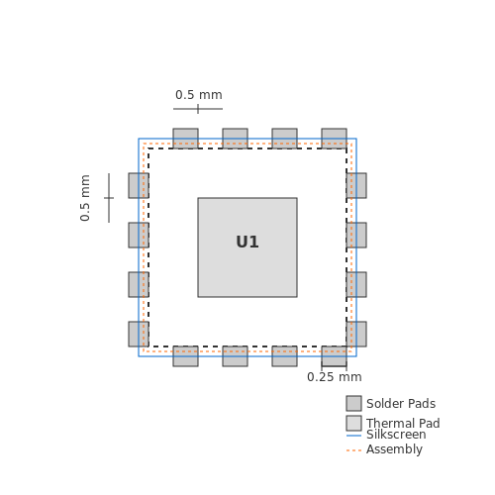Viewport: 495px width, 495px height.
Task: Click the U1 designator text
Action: (247, 242)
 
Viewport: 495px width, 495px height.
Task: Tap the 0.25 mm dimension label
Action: (335, 377)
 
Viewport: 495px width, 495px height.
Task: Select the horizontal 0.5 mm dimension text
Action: (199, 95)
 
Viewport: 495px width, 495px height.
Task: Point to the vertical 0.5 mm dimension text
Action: (85, 198)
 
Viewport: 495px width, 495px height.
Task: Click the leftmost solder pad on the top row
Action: (185, 139)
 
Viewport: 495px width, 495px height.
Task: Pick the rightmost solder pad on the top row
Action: (334, 139)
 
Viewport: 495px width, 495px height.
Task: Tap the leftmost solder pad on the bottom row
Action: (185, 356)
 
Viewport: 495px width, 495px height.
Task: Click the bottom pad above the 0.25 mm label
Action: (334, 356)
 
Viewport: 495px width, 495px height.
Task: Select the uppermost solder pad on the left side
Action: (139, 185)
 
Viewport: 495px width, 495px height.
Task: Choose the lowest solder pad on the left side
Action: (139, 334)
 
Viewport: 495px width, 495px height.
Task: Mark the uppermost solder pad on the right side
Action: (356, 185)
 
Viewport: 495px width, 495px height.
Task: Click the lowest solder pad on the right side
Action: (356, 334)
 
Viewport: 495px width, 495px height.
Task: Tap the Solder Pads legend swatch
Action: (353, 403)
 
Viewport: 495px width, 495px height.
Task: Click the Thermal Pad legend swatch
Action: (353, 423)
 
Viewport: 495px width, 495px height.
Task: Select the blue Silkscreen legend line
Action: (353, 436)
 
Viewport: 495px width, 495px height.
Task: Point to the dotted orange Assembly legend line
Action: (353, 450)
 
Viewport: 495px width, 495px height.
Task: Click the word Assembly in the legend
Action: (394, 449)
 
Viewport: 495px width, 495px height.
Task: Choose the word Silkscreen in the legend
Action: (396, 435)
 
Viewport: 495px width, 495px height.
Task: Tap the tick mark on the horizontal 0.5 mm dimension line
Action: (198, 109)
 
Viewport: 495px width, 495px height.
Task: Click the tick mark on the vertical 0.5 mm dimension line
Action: (109, 198)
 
